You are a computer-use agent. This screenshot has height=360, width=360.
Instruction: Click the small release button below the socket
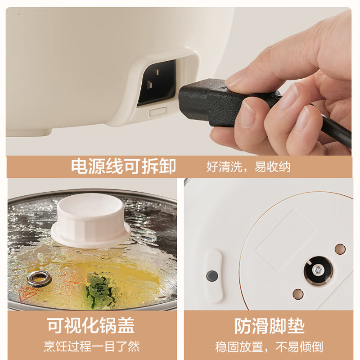pyautogui.click(x=157, y=112)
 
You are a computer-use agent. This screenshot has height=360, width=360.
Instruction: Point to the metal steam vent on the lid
pyautogui.click(x=39, y=279)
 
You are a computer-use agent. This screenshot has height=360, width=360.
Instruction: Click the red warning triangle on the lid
pyautogui.click(x=27, y=296)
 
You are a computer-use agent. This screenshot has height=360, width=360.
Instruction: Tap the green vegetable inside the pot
pyautogui.click(x=98, y=290)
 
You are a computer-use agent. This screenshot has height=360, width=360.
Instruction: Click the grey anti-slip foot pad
pyautogui.click(x=212, y=276)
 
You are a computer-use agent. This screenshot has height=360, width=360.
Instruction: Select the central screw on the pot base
pyautogui.click(x=318, y=270)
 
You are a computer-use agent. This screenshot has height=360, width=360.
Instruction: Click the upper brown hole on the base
pyautogui.click(x=340, y=249)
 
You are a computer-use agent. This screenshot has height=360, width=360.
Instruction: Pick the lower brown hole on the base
pyautogui.click(x=298, y=294)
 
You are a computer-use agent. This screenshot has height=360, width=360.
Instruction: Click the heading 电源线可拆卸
pyautogui.click(x=123, y=166)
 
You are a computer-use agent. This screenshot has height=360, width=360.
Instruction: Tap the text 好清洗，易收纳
pyautogui.click(x=248, y=166)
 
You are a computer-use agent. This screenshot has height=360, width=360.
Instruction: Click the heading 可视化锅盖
pyautogui.click(x=91, y=325)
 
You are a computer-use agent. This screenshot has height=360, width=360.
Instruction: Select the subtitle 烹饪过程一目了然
pyautogui.click(x=92, y=346)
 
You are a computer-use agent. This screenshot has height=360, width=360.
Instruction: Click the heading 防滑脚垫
pyautogui.click(x=270, y=326)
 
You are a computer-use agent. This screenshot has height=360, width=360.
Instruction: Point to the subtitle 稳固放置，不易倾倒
pyautogui.click(x=269, y=347)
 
